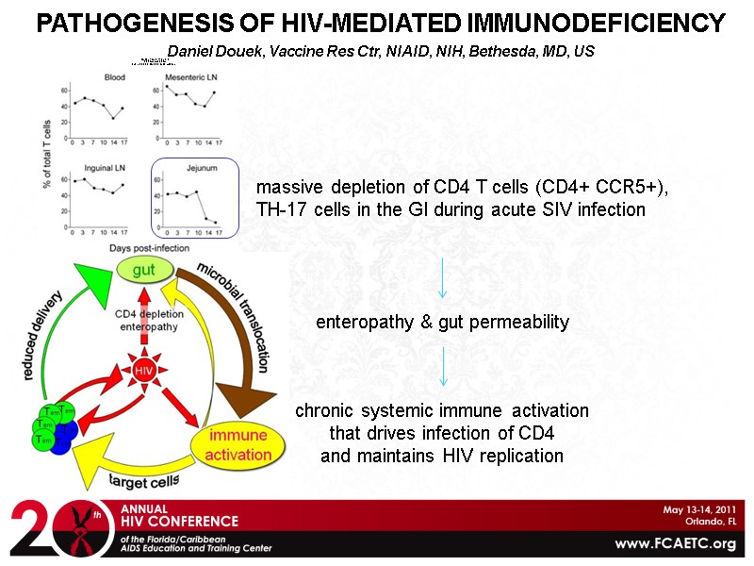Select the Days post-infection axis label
click(x=148, y=247)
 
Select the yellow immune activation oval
click(x=238, y=444)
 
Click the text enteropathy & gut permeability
click(x=442, y=323)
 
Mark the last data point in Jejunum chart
click(x=214, y=223)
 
